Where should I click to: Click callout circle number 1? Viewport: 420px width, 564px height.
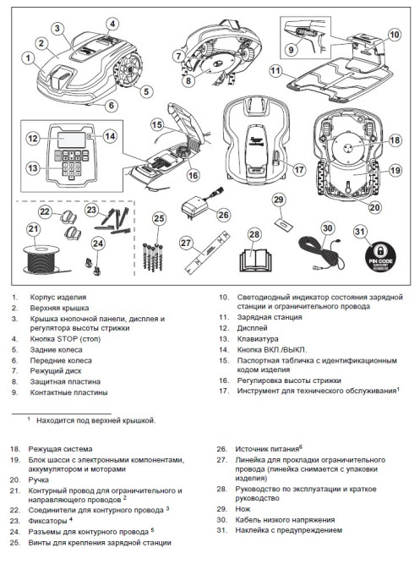(x=28, y=58)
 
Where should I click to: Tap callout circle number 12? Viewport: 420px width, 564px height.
(x=32, y=138)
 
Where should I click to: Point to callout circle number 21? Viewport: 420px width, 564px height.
(x=33, y=228)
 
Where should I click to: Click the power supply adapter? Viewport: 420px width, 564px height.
(x=198, y=205)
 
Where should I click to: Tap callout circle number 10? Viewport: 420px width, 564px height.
(x=394, y=35)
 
